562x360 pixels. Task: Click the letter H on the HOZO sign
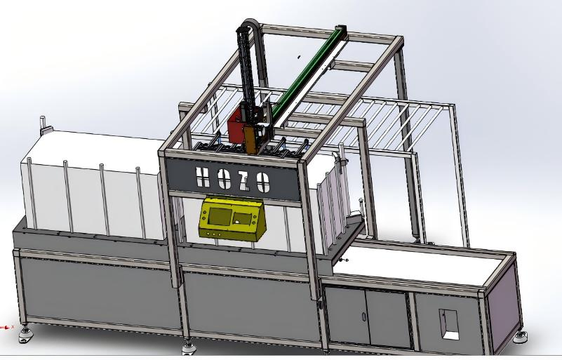(x=203, y=178)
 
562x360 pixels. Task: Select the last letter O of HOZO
(x=263, y=182)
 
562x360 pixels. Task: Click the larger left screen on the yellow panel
(x=220, y=216)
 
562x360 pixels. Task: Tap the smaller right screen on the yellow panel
(x=242, y=219)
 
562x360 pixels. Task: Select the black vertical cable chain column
(x=246, y=68)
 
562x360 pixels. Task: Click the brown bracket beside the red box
(x=250, y=140)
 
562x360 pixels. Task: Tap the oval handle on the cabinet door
(x=363, y=317)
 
